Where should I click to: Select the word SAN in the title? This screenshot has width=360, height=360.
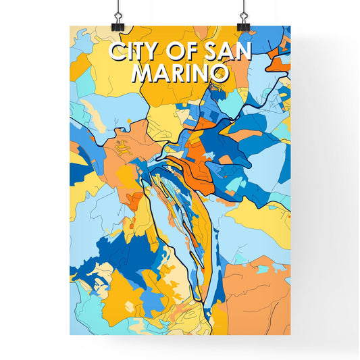(229, 53)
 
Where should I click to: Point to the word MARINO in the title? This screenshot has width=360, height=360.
(180, 73)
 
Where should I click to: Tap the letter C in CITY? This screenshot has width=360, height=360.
(114, 53)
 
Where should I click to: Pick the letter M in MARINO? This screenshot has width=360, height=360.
(143, 73)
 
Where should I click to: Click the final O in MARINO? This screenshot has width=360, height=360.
(218, 73)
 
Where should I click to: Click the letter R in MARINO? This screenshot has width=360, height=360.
(177, 73)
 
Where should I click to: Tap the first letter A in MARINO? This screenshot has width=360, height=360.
(161, 73)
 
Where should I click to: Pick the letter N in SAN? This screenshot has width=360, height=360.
(244, 53)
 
